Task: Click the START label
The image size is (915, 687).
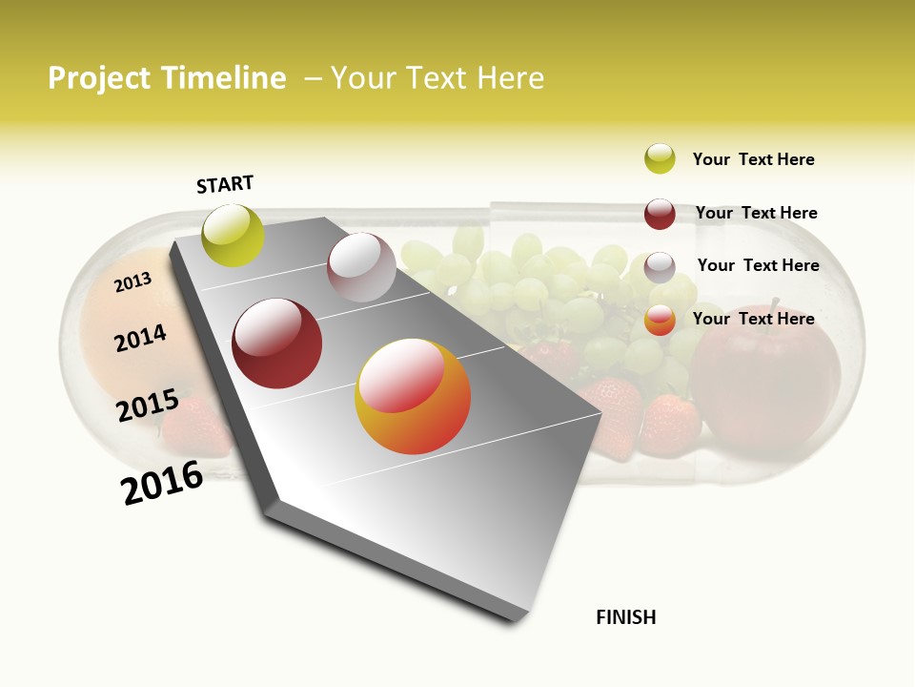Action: (x=225, y=184)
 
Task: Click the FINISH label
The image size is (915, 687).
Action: (x=626, y=617)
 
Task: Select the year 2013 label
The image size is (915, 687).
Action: (x=132, y=282)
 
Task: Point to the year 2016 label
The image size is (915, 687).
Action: (x=162, y=483)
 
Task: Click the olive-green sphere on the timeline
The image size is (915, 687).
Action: (x=234, y=236)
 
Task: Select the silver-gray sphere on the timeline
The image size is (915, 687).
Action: (x=361, y=267)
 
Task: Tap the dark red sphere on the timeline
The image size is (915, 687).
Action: (x=277, y=343)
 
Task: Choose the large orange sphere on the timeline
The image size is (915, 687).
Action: (x=413, y=396)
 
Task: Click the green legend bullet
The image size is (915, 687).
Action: (x=660, y=158)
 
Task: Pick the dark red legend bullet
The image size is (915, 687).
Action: (x=660, y=214)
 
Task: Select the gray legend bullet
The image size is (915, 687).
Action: (x=660, y=267)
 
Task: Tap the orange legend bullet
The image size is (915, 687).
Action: (x=660, y=321)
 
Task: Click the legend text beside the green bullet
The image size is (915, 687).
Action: (x=753, y=159)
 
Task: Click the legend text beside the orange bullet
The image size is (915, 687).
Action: (x=753, y=319)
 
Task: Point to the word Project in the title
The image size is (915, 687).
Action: (x=99, y=78)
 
